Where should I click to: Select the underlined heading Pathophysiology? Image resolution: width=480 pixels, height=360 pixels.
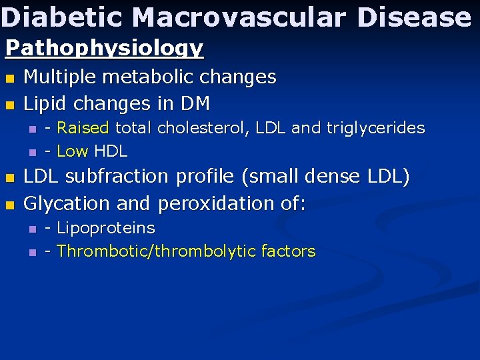(x=105, y=48)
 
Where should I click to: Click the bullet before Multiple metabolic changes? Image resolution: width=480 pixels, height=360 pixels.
(x=9, y=79)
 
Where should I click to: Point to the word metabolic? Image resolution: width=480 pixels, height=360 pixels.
(x=151, y=77)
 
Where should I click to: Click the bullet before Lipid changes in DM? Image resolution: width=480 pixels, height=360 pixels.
(x=9, y=105)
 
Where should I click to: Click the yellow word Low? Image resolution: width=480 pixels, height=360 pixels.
(x=72, y=151)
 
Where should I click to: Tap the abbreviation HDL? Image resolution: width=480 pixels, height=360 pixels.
(x=110, y=151)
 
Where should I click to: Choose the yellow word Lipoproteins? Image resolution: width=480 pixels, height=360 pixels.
(x=105, y=228)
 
